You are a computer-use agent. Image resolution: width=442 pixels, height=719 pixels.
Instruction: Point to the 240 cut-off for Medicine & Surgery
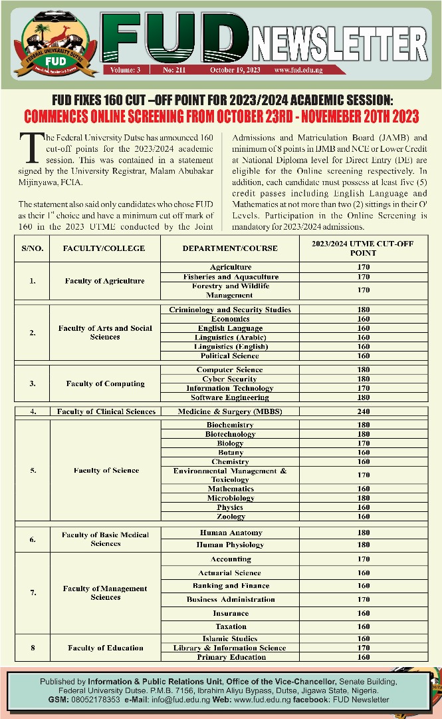[x=364, y=411]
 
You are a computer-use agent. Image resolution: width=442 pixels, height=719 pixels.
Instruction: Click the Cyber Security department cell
[x=229, y=379]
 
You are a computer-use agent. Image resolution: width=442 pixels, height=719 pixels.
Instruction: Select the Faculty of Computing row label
[x=105, y=383]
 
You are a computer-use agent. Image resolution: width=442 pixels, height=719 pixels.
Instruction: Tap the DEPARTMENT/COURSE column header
[x=229, y=248]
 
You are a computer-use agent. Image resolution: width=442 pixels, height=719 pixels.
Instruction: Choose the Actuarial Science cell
[x=229, y=573]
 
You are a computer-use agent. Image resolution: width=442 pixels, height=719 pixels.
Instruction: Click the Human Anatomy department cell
[x=231, y=533]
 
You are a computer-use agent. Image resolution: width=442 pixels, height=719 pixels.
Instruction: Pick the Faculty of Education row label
[x=105, y=648]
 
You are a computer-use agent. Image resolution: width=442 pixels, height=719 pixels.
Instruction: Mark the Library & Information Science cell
[x=229, y=648]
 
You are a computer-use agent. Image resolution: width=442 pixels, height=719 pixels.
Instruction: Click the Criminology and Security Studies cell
[x=229, y=310]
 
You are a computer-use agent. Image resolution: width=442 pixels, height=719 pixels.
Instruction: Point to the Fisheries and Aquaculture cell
[x=231, y=276]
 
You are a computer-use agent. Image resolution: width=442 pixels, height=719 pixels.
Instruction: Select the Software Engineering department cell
[x=229, y=397]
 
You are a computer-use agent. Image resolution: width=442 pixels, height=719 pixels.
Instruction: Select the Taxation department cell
[x=231, y=626]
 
